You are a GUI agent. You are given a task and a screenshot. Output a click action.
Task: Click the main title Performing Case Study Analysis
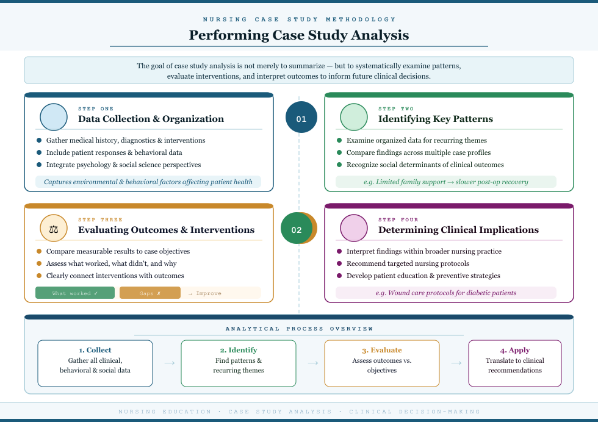pos(298,35)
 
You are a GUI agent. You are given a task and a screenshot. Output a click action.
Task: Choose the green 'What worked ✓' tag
pos(75,293)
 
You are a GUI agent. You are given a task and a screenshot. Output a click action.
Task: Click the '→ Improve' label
pos(204,293)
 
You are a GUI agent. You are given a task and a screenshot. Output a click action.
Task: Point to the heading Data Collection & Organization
pos(151,119)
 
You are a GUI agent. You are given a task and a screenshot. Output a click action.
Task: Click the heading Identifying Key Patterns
pos(435,119)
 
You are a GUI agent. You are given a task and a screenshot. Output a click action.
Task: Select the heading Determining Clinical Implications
pos(458,230)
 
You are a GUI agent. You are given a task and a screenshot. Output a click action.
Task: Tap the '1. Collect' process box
pos(95,363)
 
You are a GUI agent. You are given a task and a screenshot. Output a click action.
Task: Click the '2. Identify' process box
pos(239,363)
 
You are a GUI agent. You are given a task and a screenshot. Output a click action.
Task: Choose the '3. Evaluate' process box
pos(382,363)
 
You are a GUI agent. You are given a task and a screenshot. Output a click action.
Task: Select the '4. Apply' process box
pos(515,363)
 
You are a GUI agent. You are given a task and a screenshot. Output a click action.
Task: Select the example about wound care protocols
pos(446,293)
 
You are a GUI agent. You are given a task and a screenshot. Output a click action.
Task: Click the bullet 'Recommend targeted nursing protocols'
pos(408,263)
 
